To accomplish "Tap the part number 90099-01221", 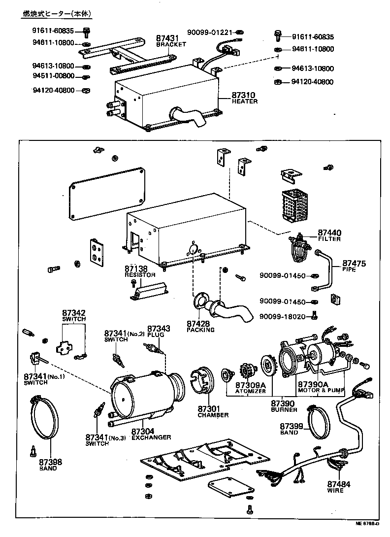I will pyautogui.click(x=209, y=33).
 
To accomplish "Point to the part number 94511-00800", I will pyautogui.click(x=54, y=76).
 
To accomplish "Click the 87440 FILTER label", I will pyautogui.click(x=329, y=235).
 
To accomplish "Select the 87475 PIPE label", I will pyautogui.click(x=354, y=267).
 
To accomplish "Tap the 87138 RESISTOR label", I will pyautogui.click(x=139, y=271).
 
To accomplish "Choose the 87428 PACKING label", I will pyautogui.click(x=200, y=326).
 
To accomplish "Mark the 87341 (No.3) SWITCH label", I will pyautogui.click(x=103, y=440).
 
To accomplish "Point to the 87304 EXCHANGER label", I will pyautogui.click(x=151, y=434).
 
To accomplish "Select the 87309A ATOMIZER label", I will pyautogui.click(x=250, y=387).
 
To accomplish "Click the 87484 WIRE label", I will pyautogui.click(x=338, y=487).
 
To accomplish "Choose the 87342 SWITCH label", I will pyautogui.click(x=74, y=315).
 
